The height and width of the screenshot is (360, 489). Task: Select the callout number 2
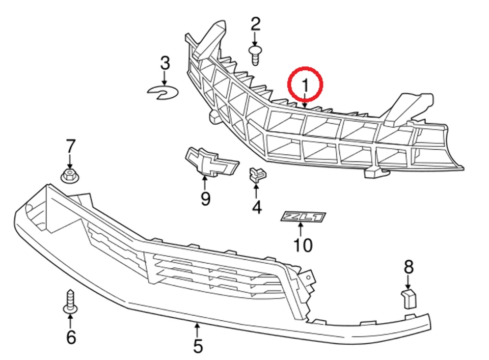(x=255, y=23)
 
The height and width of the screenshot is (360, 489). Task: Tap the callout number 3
(x=165, y=64)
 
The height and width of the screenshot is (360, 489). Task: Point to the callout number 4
(x=256, y=207)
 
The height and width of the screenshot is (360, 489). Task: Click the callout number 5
(x=198, y=346)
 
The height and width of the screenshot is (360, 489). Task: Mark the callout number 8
(x=409, y=266)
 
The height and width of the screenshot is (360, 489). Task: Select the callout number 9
(x=205, y=199)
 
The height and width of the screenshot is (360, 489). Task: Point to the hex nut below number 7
(x=69, y=176)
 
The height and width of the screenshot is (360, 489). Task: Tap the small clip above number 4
(x=257, y=175)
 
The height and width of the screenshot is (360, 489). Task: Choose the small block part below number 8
(x=408, y=298)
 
